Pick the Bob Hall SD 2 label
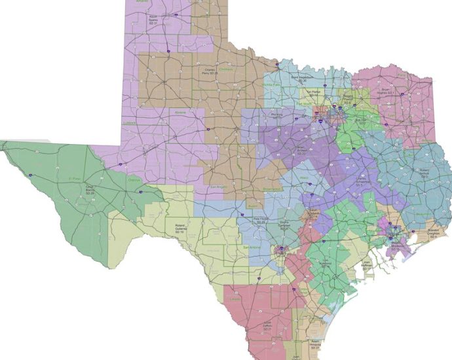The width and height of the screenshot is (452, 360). pyautogui.click(x=360, y=120)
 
